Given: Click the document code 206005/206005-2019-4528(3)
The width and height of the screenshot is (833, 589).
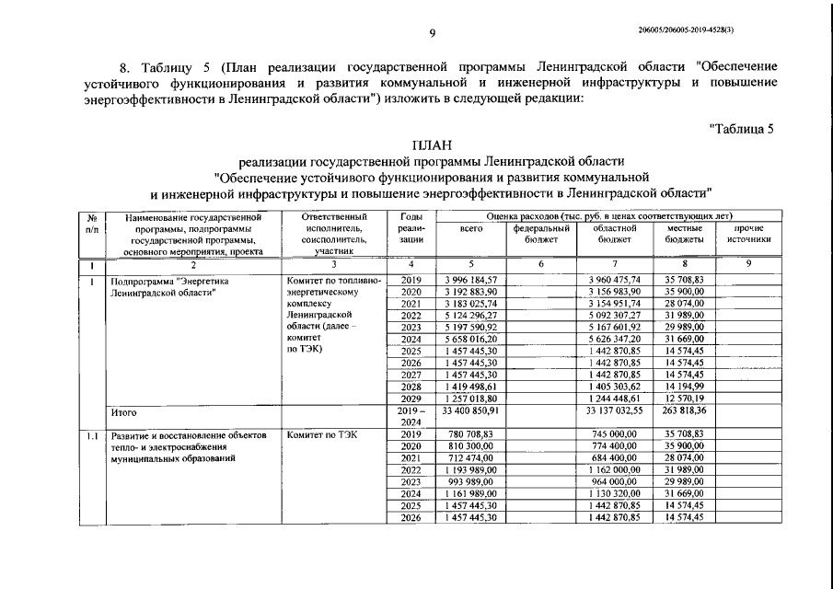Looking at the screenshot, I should pos(685,30).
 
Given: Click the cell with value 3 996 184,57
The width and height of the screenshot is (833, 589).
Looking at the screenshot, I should pos(469,279).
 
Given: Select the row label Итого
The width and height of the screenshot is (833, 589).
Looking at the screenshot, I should pos(123,415).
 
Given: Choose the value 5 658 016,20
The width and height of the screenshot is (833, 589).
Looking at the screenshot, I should pos(469,339).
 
